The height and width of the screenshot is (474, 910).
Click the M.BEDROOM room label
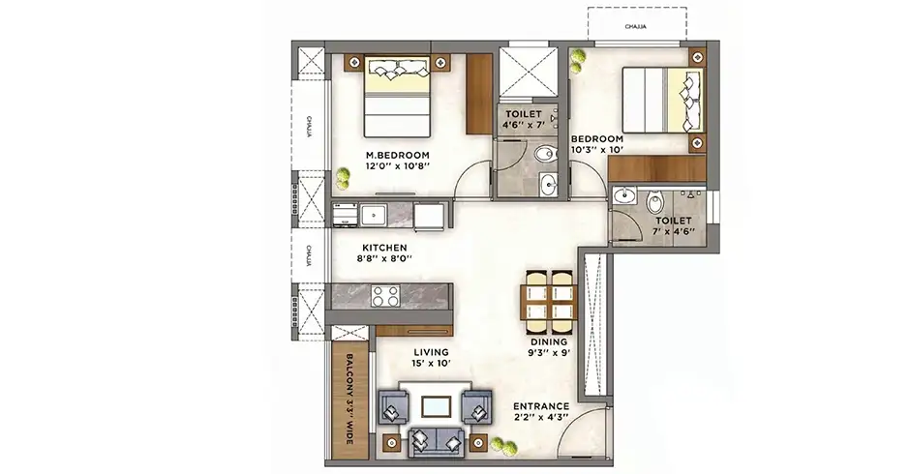point(398,156)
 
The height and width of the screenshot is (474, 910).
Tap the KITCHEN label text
point(384,248)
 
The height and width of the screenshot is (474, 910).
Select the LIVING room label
point(431,352)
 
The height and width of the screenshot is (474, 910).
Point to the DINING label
point(549,342)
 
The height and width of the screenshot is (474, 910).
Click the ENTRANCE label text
point(541,406)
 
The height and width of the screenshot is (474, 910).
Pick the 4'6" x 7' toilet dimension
point(524,125)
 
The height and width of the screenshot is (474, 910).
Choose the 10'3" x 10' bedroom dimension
point(597,150)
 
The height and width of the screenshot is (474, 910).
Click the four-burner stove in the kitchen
point(385,296)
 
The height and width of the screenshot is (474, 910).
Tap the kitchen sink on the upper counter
point(373,216)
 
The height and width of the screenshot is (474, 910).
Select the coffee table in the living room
point(436,406)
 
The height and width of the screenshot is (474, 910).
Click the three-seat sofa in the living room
point(436,443)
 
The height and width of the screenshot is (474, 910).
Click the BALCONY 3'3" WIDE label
point(349,400)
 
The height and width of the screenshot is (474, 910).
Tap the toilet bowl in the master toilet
point(544,154)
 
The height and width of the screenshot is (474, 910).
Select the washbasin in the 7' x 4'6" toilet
point(623,195)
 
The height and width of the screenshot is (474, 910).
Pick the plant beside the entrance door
point(502,446)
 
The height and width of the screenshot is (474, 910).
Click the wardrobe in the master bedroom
point(479,94)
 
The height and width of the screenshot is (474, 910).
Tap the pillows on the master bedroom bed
point(398,71)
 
